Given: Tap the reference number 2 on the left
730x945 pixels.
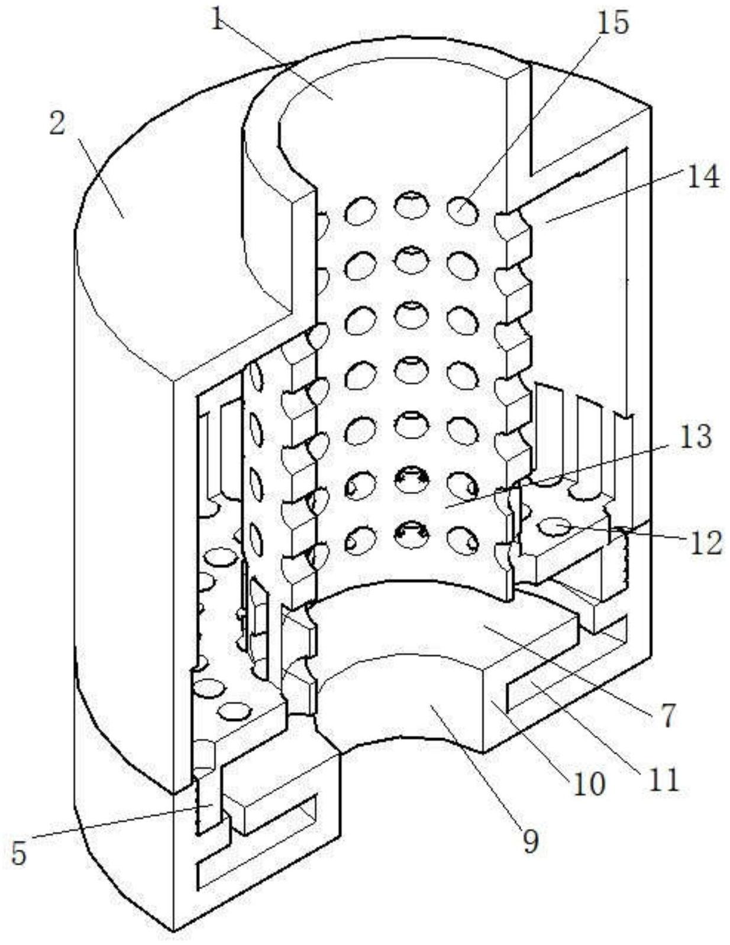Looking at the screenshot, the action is [58, 124].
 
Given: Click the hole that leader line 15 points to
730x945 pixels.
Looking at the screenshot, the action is [463, 210].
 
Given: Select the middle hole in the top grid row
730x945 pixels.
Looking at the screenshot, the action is [411, 204].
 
